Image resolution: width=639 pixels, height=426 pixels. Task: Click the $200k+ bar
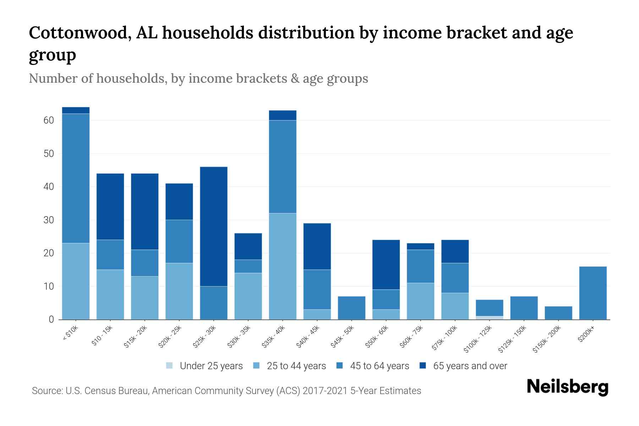(x=593, y=293)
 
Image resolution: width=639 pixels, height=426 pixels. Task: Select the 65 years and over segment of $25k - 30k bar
(x=214, y=226)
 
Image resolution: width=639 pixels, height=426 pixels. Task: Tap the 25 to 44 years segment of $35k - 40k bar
(x=283, y=266)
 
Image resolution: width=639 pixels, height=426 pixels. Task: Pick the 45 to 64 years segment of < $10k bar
(x=76, y=178)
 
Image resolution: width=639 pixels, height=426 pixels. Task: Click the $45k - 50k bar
(x=351, y=308)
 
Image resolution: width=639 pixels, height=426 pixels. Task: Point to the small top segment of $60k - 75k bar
(x=420, y=246)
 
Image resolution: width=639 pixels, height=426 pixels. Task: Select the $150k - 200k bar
(x=558, y=313)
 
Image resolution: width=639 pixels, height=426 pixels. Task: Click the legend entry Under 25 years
(x=211, y=366)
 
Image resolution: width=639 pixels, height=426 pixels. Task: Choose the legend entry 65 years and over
(x=470, y=366)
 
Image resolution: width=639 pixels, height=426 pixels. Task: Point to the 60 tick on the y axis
(x=49, y=120)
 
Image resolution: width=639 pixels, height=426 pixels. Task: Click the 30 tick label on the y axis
(x=49, y=220)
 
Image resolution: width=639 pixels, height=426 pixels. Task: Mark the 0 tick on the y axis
(x=51, y=319)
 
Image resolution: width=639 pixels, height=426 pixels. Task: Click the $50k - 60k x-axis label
(x=377, y=336)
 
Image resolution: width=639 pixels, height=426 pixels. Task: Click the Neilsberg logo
(x=567, y=387)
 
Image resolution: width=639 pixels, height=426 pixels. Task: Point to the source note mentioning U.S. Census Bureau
(x=226, y=391)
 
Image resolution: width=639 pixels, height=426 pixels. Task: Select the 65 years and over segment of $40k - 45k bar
(x=317, y=246)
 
